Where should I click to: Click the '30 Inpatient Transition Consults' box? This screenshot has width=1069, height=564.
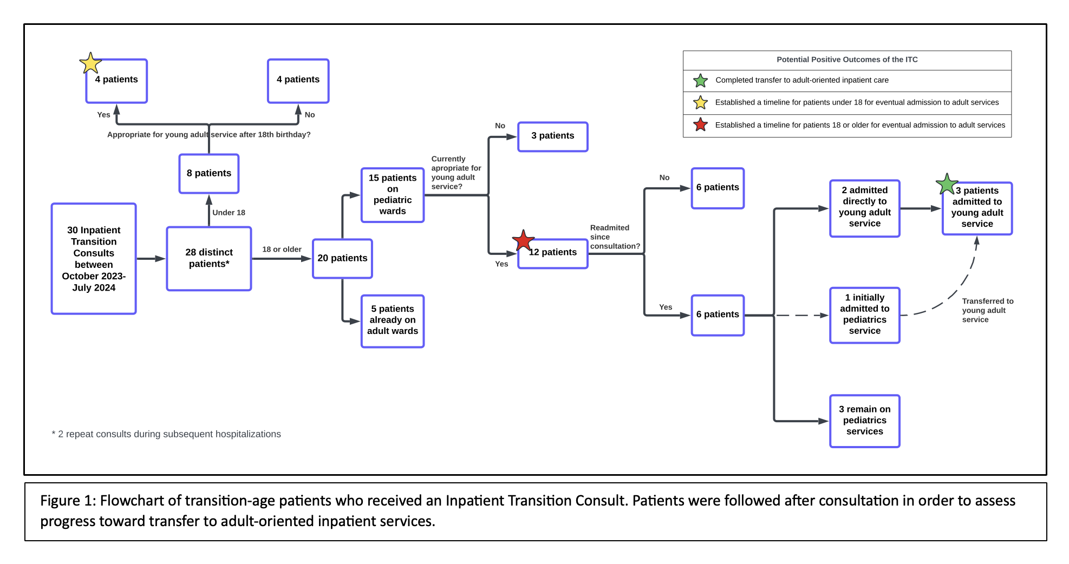[x=94, y=259]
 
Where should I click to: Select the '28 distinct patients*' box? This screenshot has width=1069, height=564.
[x=208, y=258]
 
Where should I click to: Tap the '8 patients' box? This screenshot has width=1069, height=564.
[x=208, y=173]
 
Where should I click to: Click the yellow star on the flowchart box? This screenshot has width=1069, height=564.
[x=90, y=64]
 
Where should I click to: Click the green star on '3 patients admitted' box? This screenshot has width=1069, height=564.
[x=947, y=185]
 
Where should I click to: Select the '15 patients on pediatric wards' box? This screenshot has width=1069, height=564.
[x=392, y=195]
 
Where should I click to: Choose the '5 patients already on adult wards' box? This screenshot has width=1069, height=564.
[x=392, y=320]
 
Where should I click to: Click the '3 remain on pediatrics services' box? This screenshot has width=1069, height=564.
[x=864, y=421]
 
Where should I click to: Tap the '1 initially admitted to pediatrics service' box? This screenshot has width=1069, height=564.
[x=864, y=314]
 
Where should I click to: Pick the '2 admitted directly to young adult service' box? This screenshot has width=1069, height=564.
[x=864, y=208]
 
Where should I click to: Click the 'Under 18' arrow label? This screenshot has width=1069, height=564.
[x=229, y=213]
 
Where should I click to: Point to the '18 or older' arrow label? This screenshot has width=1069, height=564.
[x=282, y=250]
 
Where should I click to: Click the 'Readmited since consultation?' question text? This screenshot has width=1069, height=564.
[x=614, y=237]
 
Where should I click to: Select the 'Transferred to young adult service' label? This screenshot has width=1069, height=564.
[x=987, y=310]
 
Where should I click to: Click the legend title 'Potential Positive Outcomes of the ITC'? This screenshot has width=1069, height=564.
[x=846, y=60]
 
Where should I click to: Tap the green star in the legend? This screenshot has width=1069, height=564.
[x=700, y=81]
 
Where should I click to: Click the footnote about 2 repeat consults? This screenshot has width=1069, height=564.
[x=166, y=434]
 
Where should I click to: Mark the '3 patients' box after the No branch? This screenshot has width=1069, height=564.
[x=552, y=136]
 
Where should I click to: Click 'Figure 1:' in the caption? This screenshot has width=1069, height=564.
[x=68, y=501]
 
